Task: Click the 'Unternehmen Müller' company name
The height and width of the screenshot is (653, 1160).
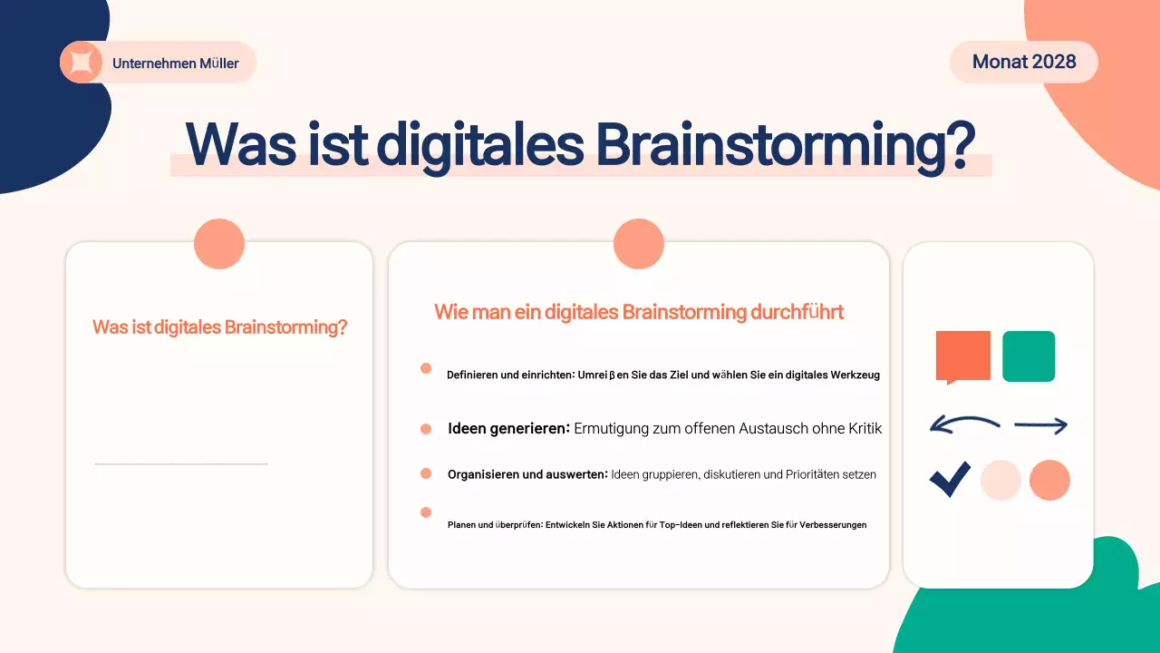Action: pyautogui.click(x=176, y=63)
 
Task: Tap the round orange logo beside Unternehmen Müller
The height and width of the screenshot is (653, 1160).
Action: pyautogui.click(x=81, y=63)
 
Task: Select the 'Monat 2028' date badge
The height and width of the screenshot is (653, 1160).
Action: pyautogui.click(x=1024, y=62)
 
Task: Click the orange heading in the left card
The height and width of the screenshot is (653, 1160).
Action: pyautogui.click(x=220, y=327)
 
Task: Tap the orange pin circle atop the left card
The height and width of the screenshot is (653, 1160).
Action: pyautogui.click(x=219, y=244)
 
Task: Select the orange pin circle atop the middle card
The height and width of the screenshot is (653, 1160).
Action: pyautogui.click(x=639, y=244)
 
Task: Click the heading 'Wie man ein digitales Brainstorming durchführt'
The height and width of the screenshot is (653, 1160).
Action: pyautogui.click(x=639, y=312)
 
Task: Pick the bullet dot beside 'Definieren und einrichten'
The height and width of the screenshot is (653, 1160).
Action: pyautogui.click(x=426, y=368)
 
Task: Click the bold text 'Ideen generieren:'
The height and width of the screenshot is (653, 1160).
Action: pyautogui.click(x=508, y=428)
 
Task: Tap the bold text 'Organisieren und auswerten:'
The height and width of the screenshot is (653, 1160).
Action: pyautogui.click(x=527, y=474)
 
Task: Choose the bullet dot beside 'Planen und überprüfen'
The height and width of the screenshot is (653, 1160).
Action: pyautogui.click(x=426, y=512)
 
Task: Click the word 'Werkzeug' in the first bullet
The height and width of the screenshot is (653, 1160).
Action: pyautogui.click(x=855, y=375)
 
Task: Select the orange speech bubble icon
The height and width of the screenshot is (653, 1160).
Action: pyautogui.click(x=962, y=356)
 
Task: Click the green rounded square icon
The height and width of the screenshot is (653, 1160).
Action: pyautogui.click(x=1029, y=356)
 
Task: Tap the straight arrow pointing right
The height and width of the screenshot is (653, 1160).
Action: pyautogui.click(x=1040, y=424)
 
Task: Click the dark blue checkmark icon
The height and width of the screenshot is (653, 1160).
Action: pyautogui.click(x=950, y=480)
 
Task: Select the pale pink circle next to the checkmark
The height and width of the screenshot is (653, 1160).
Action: pyautogui.click(x=1000, y=480)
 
